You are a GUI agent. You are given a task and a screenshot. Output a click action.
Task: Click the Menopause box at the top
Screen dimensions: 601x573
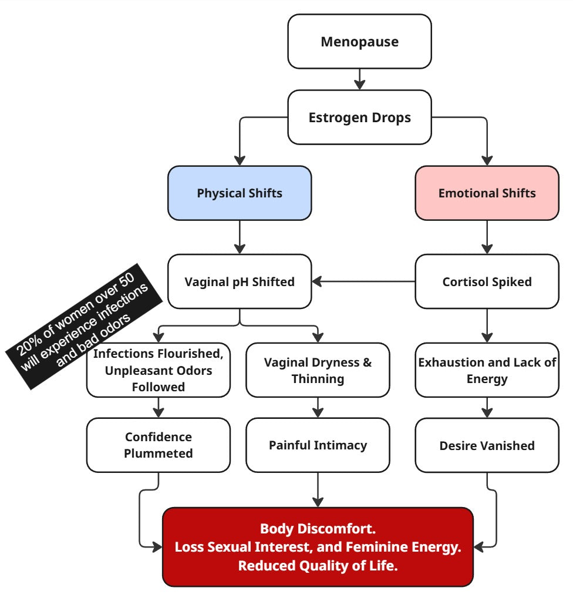pos(359,42)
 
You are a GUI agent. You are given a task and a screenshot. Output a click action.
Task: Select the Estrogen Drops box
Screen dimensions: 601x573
pos(359,117)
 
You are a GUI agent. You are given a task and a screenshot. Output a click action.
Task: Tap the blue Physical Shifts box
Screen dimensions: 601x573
pos(240,193)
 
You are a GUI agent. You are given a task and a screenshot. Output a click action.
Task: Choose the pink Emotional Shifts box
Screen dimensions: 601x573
pos(487,193)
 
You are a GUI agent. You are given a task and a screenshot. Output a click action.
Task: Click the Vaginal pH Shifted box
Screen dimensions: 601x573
pos(240,281)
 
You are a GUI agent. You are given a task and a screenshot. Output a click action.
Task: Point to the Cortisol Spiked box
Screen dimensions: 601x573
pos(487,281)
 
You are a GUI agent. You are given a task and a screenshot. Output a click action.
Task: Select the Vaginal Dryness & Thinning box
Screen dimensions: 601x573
pos(318,370)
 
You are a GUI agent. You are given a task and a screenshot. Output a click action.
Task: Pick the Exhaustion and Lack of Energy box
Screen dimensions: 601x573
pos(487,370)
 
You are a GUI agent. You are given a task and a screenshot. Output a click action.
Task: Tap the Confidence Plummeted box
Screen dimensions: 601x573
pos(158,445)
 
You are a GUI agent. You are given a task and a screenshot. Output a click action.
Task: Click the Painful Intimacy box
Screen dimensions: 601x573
pos(318,445)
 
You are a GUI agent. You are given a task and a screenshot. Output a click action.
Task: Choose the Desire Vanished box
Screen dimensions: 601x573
pos(487,446)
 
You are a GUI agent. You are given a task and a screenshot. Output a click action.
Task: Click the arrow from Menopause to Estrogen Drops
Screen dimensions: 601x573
pos(359,79)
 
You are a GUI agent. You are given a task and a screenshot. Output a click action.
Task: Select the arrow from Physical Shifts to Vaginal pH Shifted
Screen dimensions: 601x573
pos(240,237)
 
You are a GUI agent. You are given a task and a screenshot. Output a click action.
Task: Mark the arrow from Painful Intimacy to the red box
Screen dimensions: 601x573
pos(318,489)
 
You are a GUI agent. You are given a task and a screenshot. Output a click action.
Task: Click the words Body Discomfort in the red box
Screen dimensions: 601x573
pos(318,528)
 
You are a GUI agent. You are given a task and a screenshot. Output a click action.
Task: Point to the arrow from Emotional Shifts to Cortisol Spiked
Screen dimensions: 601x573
pos(487,237)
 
